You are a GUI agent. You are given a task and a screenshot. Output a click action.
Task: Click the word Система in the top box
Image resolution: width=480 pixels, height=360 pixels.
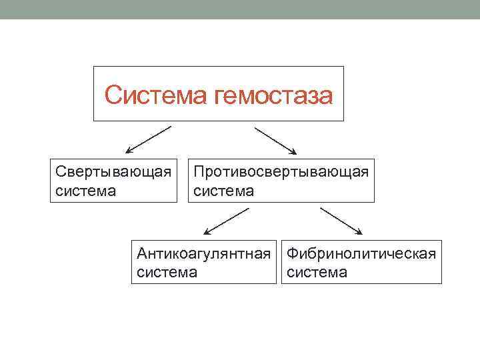pyautogui.click(x=157, y=95)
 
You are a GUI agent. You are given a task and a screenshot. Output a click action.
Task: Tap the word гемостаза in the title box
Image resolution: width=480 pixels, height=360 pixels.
pyautogui.click(x=274, y=95)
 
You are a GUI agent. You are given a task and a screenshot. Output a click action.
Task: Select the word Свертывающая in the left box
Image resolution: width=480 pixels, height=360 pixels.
pyautogui.click(x=114, y=173)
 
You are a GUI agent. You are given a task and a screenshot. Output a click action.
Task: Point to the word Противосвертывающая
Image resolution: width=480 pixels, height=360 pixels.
pyautogui.click(x=281, y=173)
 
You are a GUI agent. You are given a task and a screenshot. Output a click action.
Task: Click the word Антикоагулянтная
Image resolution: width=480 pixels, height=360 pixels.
pyautogui.click(x=203, y=253)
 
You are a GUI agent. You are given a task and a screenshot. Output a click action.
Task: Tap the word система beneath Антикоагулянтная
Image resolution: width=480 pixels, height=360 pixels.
pyautogui.click(x=167, y=272)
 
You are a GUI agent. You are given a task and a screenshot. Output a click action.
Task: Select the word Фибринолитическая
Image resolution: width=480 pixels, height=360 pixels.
pyautogui.click(x=361, y=253)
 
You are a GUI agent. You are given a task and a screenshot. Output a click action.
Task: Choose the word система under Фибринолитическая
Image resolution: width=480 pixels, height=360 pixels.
pyautogui.click(x=317, y=272)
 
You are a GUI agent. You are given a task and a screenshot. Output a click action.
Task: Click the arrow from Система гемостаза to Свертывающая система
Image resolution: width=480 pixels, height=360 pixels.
pyautogui.click(x=147, y=140)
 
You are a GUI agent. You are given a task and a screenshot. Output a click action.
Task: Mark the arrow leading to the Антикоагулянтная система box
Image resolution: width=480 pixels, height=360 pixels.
pyautogui.click(x=226, y=221)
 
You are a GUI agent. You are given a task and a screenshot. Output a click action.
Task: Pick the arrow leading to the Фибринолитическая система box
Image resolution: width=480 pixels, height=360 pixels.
pyautogui.click(x=341, y=221)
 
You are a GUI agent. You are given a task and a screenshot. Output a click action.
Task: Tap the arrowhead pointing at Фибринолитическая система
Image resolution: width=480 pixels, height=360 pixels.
pyautogui.click(x=359, y=232)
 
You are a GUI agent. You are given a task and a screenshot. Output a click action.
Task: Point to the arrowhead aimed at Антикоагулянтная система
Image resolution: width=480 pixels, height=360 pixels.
pyautogui.click(x=207, y=233)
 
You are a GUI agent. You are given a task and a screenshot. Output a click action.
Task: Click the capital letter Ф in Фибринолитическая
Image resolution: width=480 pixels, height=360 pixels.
pyautogui.click(x=291, y=253)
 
